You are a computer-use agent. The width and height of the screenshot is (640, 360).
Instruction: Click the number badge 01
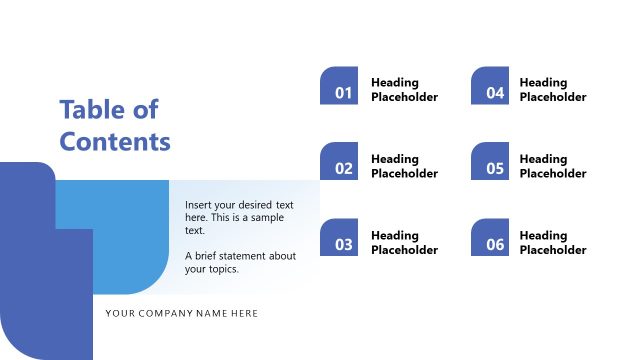[339, 86]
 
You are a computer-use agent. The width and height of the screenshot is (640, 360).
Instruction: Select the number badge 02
[339, 162]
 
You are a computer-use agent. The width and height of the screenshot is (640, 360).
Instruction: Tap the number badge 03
[339, 238]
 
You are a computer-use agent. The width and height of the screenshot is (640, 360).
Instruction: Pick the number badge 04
[490, 86]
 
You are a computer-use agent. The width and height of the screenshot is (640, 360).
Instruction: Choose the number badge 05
[490, 162]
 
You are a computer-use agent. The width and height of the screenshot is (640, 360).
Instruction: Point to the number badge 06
[490, 238]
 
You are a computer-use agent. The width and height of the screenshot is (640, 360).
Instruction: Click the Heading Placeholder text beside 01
[404, 90]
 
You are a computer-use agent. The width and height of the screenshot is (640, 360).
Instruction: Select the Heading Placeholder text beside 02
[404, 166]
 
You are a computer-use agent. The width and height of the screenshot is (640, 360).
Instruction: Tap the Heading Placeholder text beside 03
[404, 242]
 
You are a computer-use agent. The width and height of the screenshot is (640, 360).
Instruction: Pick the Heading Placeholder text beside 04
[553, 90]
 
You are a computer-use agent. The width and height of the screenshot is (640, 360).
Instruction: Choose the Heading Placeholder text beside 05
[553, 166]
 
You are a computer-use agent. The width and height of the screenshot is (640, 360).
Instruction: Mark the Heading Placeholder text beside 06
[553, 242]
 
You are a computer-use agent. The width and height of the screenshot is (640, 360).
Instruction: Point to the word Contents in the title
[115, 141]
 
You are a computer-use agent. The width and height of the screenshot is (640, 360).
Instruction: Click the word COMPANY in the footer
[169, 313]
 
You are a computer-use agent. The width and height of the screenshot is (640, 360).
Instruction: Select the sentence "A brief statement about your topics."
[240, 262]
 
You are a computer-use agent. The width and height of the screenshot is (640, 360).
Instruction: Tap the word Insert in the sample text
[200, 204]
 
